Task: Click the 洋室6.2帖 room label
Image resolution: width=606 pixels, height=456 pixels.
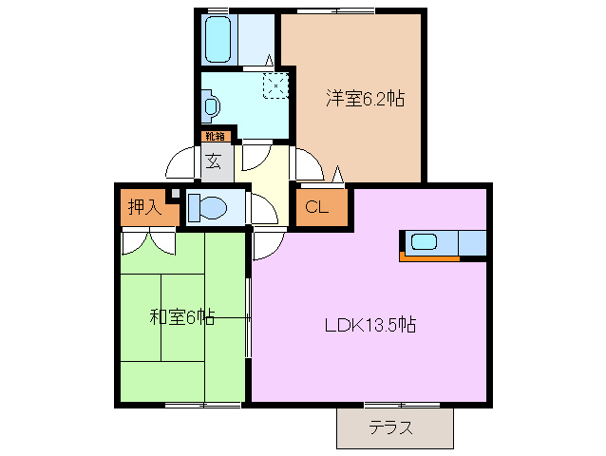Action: tap(366, 98)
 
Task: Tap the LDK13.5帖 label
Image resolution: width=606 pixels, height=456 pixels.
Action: tap(369, 324)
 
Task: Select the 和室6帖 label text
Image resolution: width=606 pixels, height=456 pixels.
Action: tap(181, 317)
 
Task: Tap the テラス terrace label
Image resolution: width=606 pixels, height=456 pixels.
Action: tap(391, 427)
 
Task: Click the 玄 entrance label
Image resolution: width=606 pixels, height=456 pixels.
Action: tap(214, 161)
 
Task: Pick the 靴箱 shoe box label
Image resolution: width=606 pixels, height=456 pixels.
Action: tap(215, 136)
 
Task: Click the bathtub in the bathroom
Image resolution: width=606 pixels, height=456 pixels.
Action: tap(219, 38)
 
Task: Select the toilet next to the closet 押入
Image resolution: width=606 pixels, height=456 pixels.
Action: tap(209, 206)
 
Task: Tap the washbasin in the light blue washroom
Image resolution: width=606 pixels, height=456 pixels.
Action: tap(211, 104)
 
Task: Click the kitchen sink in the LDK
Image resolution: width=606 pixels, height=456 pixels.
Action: tap(424, 241)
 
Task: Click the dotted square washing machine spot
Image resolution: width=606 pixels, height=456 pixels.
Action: tap(275, 85)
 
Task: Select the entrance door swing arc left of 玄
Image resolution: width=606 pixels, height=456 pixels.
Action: tap(182, 163)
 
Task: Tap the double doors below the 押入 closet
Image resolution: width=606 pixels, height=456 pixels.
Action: tap(149, 241)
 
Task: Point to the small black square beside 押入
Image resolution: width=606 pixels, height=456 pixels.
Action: tap(173, 196)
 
